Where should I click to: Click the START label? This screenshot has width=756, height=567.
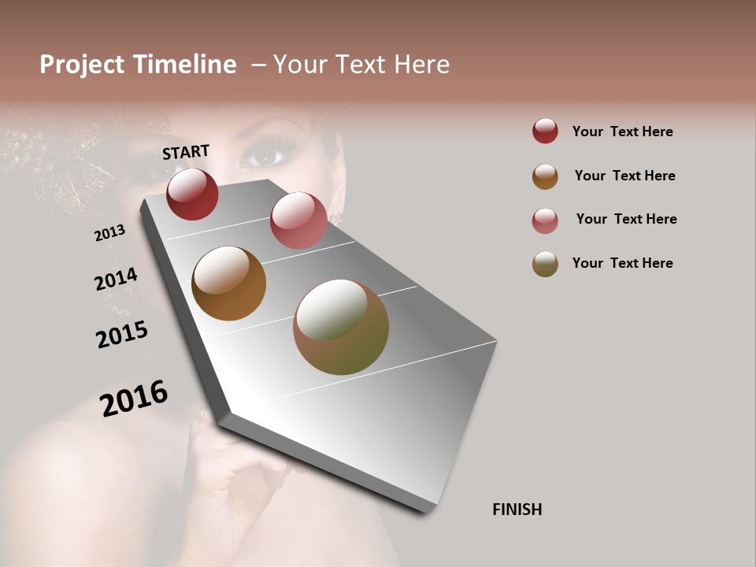point(186,152)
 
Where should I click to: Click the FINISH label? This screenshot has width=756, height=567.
point(517,510)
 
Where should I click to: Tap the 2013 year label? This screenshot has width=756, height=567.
point(109,233)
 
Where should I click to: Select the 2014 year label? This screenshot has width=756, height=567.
point(116,280)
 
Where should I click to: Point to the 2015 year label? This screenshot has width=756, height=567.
point(122,335)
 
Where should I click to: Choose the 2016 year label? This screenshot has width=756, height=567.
point(134,398)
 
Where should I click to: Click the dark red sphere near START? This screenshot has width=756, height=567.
point(192,194)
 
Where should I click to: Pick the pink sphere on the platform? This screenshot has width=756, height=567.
point(298,220)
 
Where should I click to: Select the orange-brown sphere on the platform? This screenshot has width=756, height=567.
point(228,283)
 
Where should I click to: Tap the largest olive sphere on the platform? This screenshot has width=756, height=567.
point(341,327)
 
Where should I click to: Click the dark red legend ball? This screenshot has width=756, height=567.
point(545,132)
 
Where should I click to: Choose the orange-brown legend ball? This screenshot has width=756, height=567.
point(545,176)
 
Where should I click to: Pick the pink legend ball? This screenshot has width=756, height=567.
point(545,220)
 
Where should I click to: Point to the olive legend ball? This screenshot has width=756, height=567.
point(545,264)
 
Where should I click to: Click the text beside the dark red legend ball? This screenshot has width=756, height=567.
point(622,132)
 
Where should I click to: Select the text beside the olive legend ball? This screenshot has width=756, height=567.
point(622,263)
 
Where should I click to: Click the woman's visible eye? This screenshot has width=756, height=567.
point(265,157)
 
